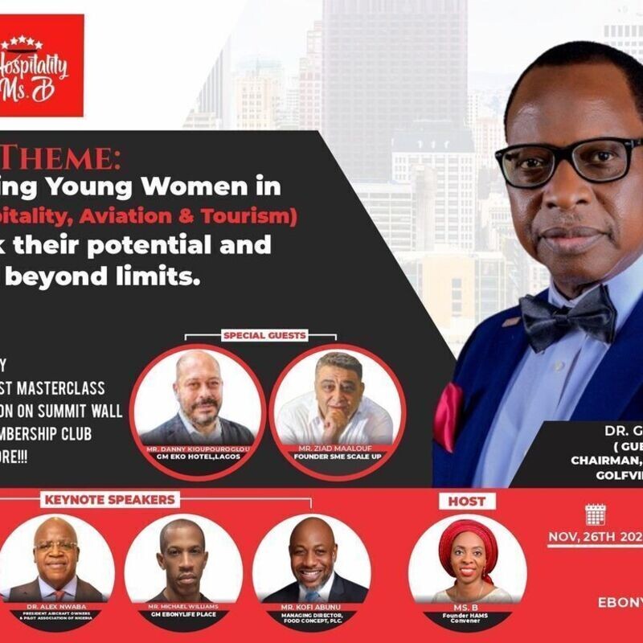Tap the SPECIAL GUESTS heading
pyautogui.click(x=264, y=334)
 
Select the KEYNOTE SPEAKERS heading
pyautogui.click(x=109, y=499)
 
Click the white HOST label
pyautogui.click(x=466, y=502)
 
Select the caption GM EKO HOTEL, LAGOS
pyautogui.click(x=199, y=457)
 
